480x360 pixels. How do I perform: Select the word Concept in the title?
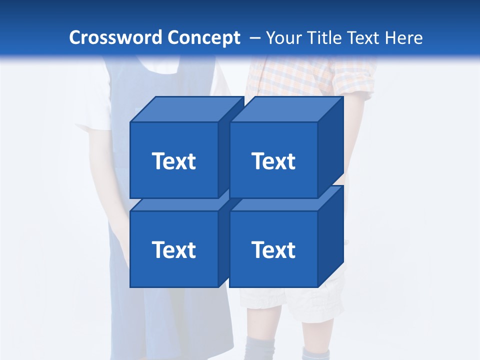tap(204, 37)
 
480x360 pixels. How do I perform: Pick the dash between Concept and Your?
tap(254, 38)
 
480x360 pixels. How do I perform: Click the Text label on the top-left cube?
tap(173, 161)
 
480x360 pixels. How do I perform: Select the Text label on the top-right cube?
tap(273, 161)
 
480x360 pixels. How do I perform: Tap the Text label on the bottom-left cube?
tap(173, 249)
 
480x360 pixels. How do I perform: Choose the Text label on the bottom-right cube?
tap(273, 249)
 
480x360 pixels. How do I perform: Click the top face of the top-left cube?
tap(186, 109)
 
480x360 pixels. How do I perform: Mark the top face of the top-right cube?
tap(286, 109)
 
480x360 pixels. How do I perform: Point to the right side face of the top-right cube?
tap(330, 145)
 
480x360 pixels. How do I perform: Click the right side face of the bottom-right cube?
tap(330, 235)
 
